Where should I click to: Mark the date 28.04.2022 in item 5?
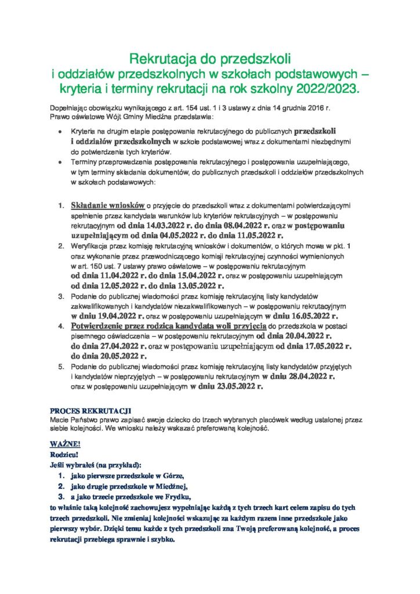tap(309, 376)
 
